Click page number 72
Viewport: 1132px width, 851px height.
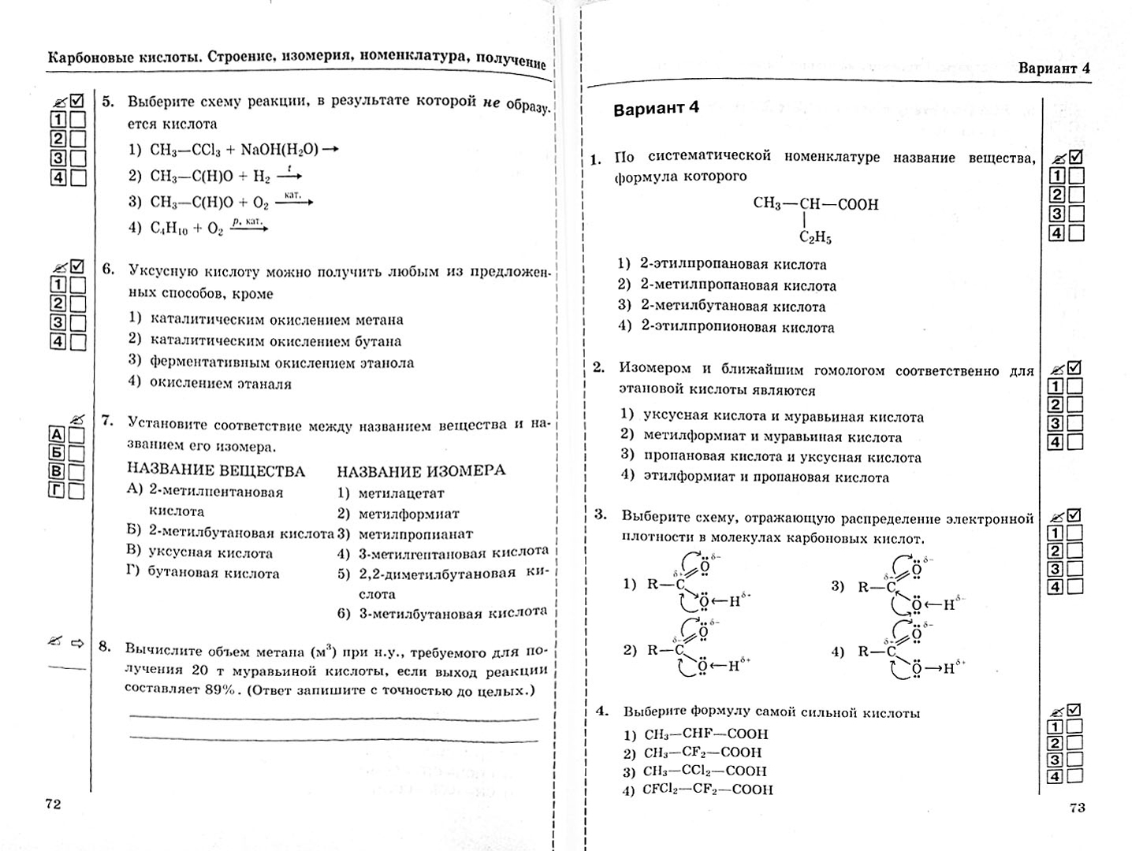53,804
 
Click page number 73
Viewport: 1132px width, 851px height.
1077,807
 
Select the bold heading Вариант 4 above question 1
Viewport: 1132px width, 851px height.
656,108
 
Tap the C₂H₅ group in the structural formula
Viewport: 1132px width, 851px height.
815,237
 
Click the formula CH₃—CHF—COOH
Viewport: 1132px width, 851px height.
706,734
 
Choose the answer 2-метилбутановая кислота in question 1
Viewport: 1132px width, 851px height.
732,307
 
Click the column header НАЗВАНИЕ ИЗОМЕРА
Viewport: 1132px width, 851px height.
421,470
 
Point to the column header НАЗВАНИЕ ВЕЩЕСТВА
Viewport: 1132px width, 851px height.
216,470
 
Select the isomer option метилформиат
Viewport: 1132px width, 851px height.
408,514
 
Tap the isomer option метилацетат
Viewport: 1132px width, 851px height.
401,493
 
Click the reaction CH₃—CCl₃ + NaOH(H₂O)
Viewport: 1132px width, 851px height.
234,149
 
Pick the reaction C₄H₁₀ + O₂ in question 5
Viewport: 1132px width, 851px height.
187,228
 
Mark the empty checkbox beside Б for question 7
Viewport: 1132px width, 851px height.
76,453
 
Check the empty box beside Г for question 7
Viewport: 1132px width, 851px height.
76,491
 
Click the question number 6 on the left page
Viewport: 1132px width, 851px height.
108,269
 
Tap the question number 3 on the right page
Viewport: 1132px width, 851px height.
600,515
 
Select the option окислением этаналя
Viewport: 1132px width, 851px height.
220,384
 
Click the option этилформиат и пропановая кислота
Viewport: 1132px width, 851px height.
765,477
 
